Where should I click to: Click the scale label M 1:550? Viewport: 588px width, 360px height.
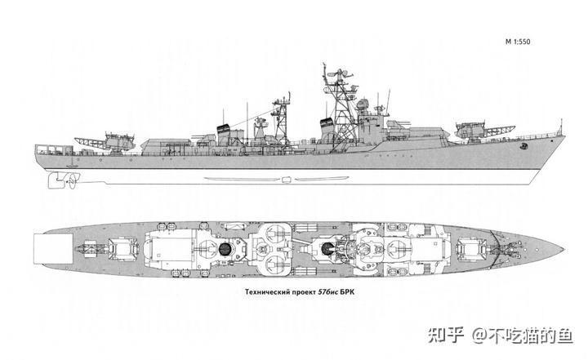click(518, 42)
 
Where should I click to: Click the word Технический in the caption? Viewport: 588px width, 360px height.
click(267, 291)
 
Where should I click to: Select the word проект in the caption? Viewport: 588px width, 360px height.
click(304, 292)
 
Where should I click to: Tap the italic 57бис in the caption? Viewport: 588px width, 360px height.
click(327, 291)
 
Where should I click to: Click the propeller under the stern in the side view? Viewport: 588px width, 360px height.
click(72, 180)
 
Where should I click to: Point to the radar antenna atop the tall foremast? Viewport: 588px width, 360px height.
click(340, 74)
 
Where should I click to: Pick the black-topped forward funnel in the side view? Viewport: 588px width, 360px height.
click(327, 129)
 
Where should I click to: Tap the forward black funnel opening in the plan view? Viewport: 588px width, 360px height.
click(327, 248)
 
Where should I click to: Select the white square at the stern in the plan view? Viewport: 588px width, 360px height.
click(53, 248)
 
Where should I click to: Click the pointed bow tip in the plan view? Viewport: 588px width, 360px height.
click(563, 249)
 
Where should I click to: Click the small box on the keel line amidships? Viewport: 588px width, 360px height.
click(286, 180)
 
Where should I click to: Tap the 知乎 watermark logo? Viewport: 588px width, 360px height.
click(446, 335)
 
